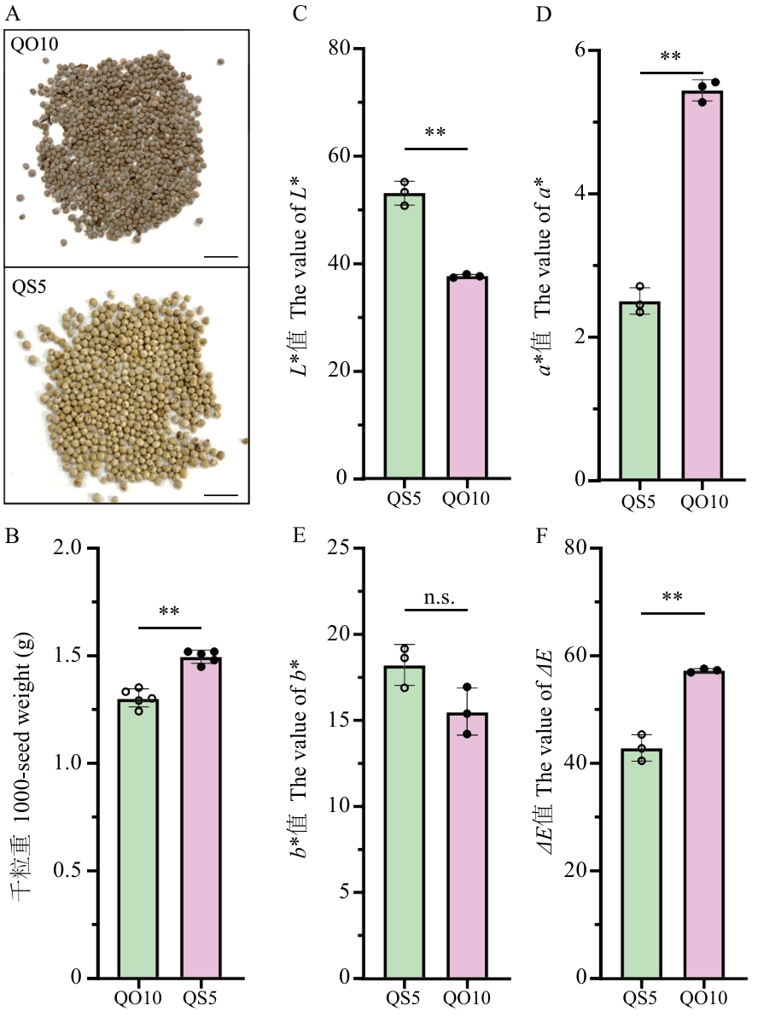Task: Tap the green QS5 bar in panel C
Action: click(405, 336)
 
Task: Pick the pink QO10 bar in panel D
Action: click(702, 285)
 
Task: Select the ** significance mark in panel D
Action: click(670, 57)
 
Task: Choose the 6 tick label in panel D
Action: click(579, 50)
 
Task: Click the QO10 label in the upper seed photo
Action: click(34, 44)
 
